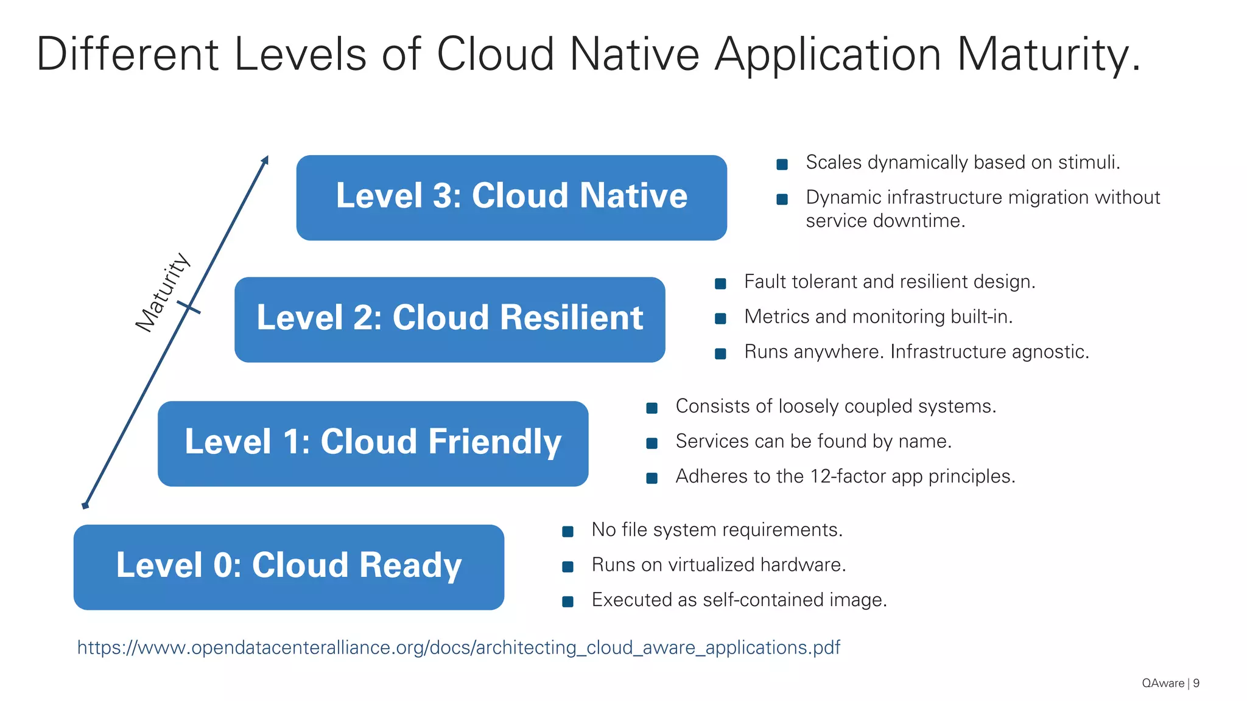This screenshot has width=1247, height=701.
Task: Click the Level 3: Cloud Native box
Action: click(511, 197)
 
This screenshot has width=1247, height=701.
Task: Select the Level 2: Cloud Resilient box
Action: click(449, 319)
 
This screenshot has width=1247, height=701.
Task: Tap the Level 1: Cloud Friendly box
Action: click(373, 443)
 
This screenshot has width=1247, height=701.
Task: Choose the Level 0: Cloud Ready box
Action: click(289, 567)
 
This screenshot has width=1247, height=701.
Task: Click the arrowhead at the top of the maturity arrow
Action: click(265, 160)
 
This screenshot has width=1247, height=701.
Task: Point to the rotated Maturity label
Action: click(162, 292)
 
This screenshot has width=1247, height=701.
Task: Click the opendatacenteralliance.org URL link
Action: click(458, 647)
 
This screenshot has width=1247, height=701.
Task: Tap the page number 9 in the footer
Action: click(1196, 683)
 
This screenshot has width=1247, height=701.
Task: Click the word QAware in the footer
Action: click(1163, 683)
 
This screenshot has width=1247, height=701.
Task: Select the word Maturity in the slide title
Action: click(1048, 55)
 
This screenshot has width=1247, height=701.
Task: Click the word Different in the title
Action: click(127, 55)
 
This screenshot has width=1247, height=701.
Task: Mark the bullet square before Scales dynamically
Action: click(782, 164)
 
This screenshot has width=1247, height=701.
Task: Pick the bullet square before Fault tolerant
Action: click(720, 284)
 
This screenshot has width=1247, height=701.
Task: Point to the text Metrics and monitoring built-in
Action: click(878, 316)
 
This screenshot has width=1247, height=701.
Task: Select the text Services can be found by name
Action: click(813, 441)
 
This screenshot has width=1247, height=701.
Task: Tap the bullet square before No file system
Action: click(567, 532)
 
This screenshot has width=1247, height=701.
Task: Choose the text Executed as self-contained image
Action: click(739, 600)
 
